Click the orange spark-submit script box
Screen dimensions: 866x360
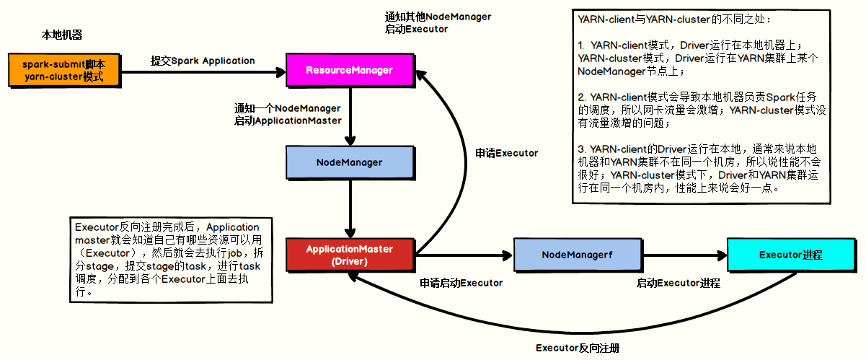64,71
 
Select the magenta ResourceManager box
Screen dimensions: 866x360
350,71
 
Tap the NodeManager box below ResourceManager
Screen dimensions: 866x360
350,163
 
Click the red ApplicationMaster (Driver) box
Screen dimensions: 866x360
350,255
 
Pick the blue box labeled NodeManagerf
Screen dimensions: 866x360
578,255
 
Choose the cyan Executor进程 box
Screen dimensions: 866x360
792,255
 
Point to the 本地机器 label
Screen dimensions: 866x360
62,35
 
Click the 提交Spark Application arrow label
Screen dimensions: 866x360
203,61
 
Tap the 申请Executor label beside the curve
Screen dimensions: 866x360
506,153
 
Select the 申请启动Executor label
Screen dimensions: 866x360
461,283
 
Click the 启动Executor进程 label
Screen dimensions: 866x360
678,283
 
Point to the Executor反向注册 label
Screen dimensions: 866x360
578,348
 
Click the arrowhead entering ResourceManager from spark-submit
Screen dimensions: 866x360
281,72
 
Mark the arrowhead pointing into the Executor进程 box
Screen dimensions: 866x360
723,255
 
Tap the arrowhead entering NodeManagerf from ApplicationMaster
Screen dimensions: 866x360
508,255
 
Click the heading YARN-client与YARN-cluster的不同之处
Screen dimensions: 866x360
674,19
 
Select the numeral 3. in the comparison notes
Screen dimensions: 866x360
582,149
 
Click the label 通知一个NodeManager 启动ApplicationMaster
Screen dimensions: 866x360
288,115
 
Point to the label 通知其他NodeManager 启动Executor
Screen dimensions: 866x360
438,23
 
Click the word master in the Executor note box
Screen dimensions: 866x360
92,240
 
